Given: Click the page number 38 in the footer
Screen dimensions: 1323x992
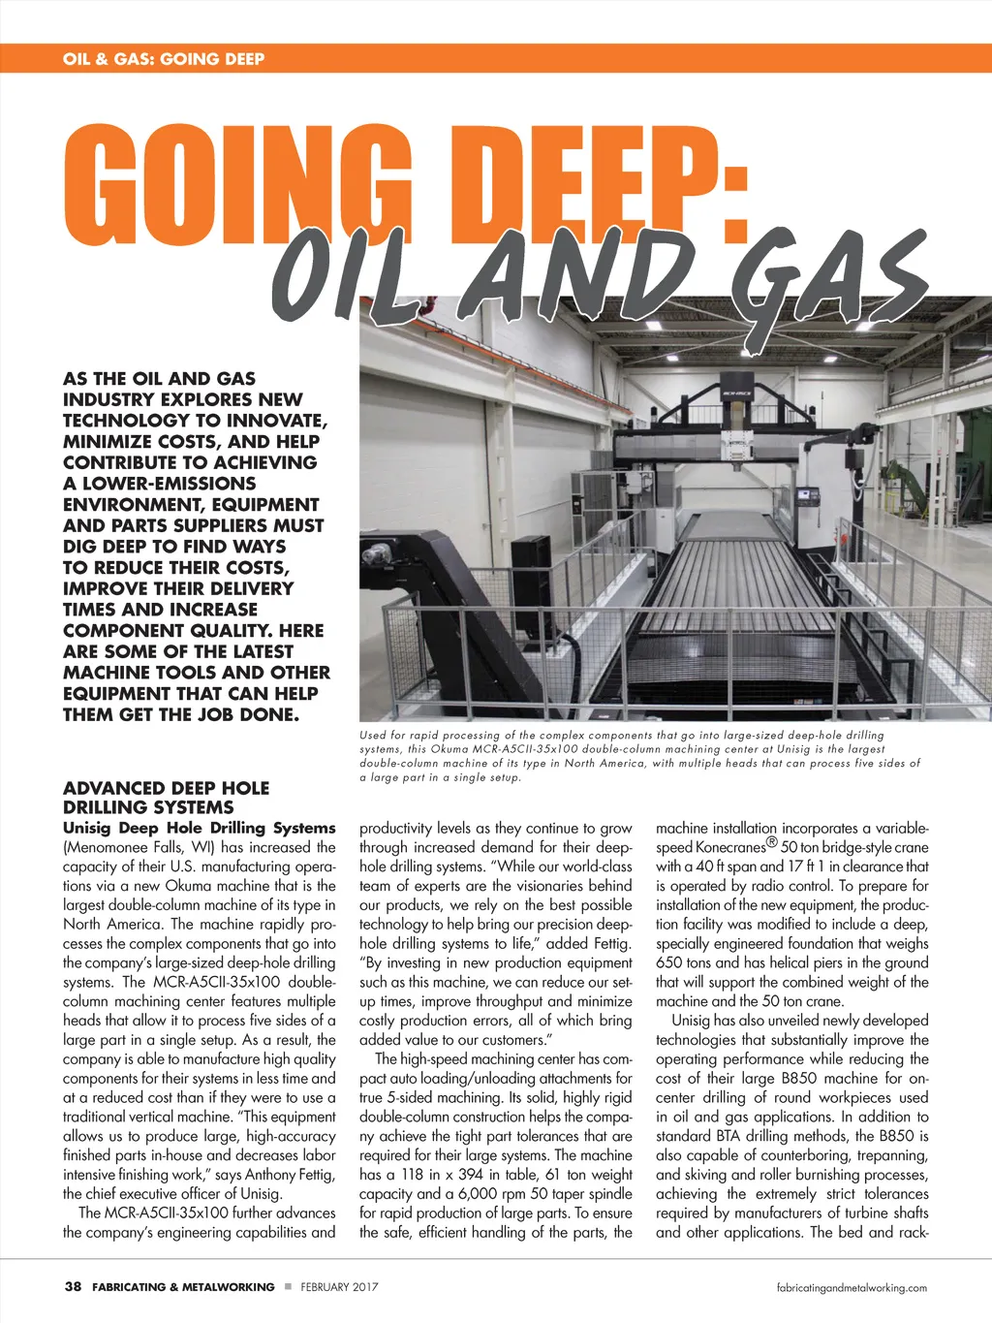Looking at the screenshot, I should tap(73, 1287).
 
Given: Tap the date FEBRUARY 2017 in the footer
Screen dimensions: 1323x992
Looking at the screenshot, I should tap(339, 1287).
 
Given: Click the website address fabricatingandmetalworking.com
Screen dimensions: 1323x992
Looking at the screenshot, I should tap(852, 1288).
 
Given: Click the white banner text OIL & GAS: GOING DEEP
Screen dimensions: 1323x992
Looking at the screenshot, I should tap(164, 59).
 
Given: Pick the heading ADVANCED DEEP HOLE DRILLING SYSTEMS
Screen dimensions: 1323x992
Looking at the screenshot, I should tap(166, 798).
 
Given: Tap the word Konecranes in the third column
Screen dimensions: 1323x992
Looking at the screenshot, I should tap(730, 847).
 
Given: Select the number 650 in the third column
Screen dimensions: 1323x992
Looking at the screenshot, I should tap(668, 962).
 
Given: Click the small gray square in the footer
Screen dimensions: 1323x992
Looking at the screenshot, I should tap(288, 1287).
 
